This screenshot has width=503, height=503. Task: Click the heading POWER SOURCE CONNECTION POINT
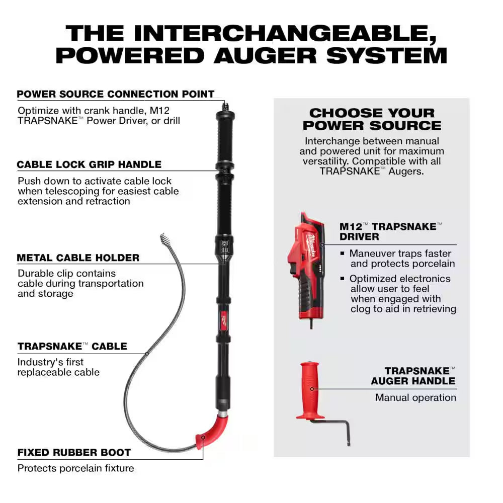click(116, 94)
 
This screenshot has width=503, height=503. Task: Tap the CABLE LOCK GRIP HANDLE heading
click(89, 164)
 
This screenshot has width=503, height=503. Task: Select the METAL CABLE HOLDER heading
click(78, 258)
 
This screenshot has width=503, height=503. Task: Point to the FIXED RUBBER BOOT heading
click(74, 452)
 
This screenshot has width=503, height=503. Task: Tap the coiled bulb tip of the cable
click(164, 238)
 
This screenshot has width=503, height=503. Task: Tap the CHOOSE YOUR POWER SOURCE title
click(372, 119)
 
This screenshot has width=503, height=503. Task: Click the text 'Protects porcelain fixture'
click(76, 468)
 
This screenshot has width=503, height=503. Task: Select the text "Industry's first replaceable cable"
click(58, 367)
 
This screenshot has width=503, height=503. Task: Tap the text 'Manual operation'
click(415, 397)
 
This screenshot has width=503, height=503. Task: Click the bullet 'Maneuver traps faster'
click(400, 254)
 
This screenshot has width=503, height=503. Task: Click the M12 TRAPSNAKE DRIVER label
click(388, 231)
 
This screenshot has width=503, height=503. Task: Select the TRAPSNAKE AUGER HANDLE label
click(413, 376)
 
